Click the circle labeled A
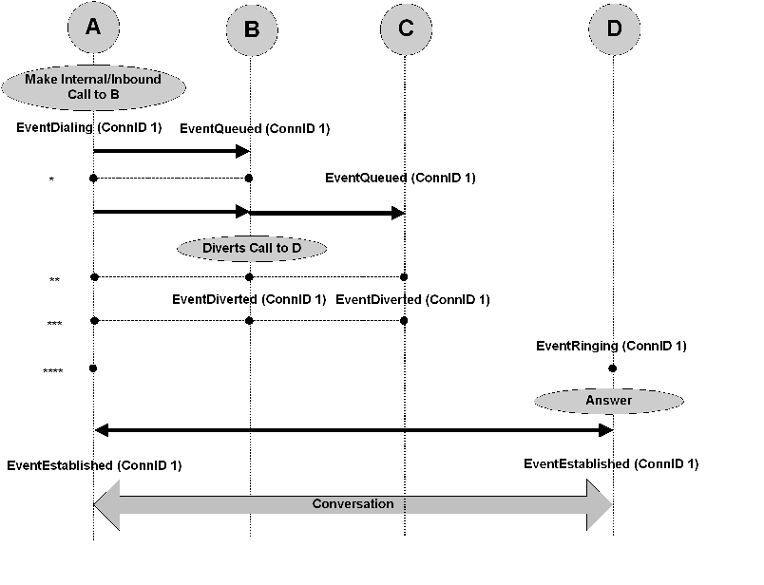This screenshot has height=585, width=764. tap(92, 28)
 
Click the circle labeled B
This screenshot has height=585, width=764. tap(251, 29)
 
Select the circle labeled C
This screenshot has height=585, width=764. tap(406, 28)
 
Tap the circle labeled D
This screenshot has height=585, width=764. tap(613, 28)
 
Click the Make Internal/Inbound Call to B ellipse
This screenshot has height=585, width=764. tap(92, 87)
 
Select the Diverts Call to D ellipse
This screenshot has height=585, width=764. tap(252, 249)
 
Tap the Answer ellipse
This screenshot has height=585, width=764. tap(608, 401)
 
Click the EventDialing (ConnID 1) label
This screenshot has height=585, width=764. tap(89, 127)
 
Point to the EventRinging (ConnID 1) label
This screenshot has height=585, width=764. tap(611, 347)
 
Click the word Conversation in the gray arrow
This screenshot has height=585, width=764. tap(353, 503)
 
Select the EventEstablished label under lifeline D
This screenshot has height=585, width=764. tap(611, 464)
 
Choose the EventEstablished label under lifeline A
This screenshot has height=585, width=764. tap(94, 465)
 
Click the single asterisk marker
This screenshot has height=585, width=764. tap(51, 180)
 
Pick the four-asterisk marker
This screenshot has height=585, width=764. tap(53, 371)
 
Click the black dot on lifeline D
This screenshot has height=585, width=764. tap(613, 368)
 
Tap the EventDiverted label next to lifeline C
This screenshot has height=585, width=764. tap(412, 300)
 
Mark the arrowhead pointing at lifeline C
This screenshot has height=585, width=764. tap(398, 213)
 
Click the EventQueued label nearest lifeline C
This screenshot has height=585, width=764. tap(400, 178)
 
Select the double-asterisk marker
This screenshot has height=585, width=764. tap(54, 281)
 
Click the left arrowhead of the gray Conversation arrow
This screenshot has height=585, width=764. tap(105, 503)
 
